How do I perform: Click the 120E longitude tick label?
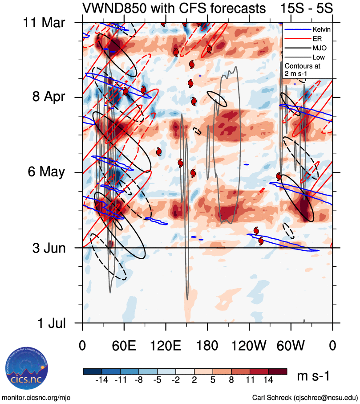click(x=166, y=345)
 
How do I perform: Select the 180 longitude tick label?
click(x=207, y=345)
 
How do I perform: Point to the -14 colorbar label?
click(x=102, y=380)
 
